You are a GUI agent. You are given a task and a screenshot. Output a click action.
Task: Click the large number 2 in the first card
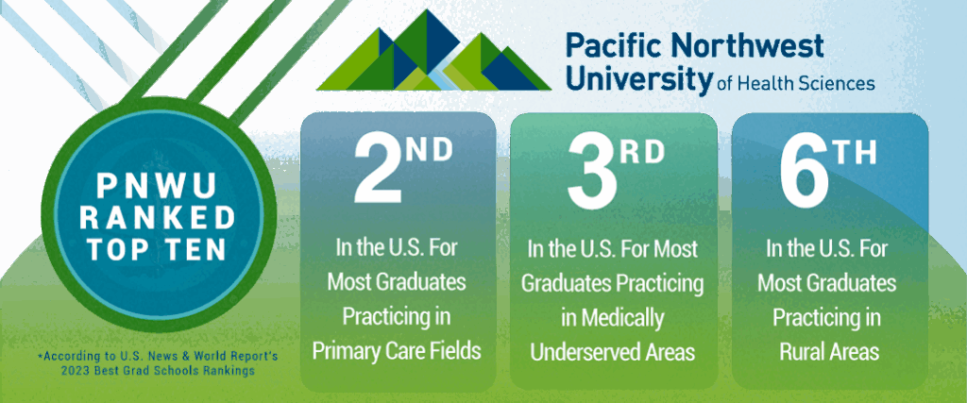click(378, 170)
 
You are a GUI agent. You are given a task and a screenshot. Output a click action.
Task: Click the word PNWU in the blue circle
click(156, 186)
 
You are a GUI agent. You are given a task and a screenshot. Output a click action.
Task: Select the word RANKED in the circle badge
click(159, 217)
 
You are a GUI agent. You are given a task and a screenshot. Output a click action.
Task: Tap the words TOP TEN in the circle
click(156, 248)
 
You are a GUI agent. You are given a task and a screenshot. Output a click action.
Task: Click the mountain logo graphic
click(434, 51)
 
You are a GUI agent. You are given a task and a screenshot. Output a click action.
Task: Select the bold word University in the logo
click(639, 79)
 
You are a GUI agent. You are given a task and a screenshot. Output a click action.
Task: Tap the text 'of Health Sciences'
click(796, 83)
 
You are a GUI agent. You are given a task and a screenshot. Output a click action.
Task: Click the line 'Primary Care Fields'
click(397, 351)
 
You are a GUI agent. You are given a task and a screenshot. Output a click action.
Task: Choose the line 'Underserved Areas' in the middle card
click(613, 352)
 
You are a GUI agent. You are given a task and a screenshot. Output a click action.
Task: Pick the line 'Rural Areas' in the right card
click(828, 352)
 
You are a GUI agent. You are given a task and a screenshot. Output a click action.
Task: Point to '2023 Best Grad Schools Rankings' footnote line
click(158, 371)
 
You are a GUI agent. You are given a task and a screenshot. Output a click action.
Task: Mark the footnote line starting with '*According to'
click(158, 356)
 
